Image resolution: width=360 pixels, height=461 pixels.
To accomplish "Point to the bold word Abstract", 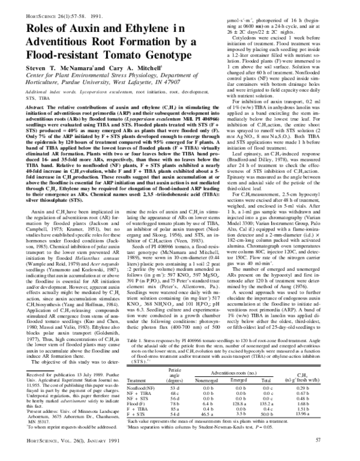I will point(35,103).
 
